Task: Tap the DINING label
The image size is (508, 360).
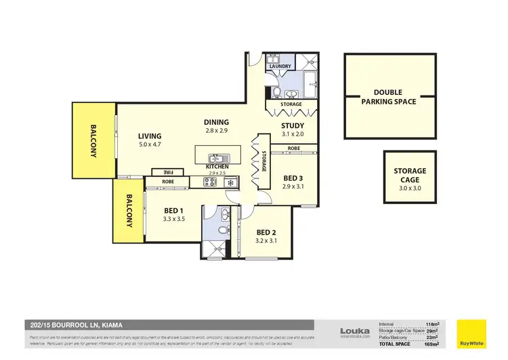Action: point(217,122)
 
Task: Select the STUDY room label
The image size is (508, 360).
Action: point(293,125)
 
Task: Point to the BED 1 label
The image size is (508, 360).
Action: point(174,210)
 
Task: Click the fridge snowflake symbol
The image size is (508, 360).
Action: point(230,182)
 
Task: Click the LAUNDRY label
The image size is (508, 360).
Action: point(280,66)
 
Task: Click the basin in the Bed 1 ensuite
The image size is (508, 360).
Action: point(226,216)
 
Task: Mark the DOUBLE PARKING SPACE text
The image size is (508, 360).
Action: point(389,96)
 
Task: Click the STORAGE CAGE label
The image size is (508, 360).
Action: point(410,176)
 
